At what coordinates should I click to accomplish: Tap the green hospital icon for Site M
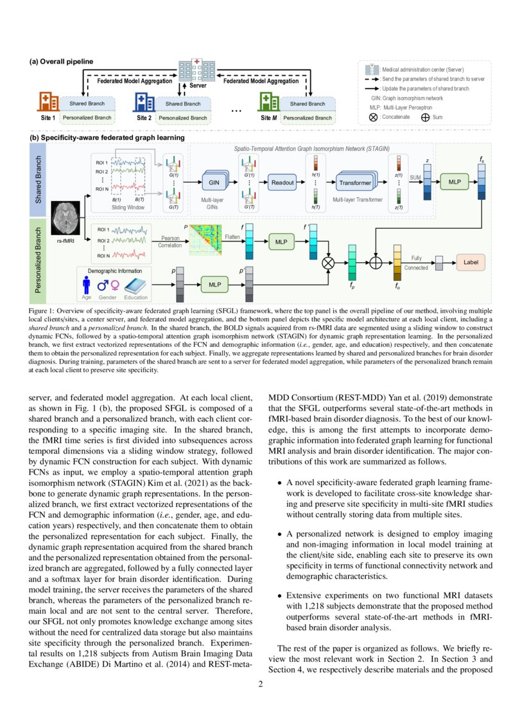268,103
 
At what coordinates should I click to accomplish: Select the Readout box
282,182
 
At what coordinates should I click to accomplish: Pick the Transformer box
355,182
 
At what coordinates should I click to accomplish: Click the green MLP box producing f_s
455,182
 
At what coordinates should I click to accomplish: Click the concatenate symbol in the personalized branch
329,262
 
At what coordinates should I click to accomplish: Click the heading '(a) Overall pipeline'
62,62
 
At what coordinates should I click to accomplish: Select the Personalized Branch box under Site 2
183,118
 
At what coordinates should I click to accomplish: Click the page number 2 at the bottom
261,684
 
